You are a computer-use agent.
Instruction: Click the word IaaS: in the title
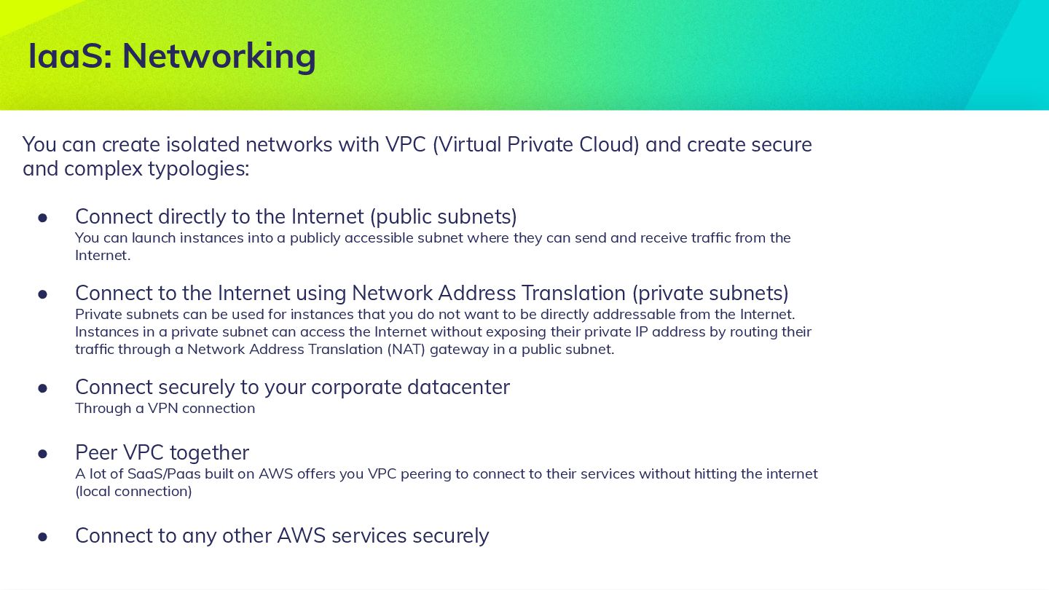tap(70, 56)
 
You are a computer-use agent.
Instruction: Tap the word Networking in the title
tap(219, 56)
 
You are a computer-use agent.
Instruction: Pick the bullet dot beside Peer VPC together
tap(43, 453)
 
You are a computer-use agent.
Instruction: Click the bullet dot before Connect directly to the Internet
tap(43, 217)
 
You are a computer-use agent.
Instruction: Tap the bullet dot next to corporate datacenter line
tap(43, 388)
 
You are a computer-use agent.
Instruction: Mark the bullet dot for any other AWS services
tap(43, 536)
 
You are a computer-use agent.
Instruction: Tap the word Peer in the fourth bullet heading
tap(96, 453)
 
